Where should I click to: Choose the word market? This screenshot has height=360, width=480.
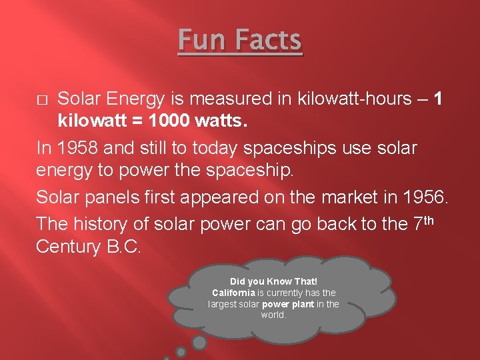coord(350,197)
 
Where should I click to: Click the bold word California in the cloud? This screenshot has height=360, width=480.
coord(233,293)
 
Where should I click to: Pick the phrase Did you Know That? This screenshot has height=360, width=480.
coord(273,281)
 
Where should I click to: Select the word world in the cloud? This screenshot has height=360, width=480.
coord(273,315)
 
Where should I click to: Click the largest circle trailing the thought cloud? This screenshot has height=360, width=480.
coord(199,343)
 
